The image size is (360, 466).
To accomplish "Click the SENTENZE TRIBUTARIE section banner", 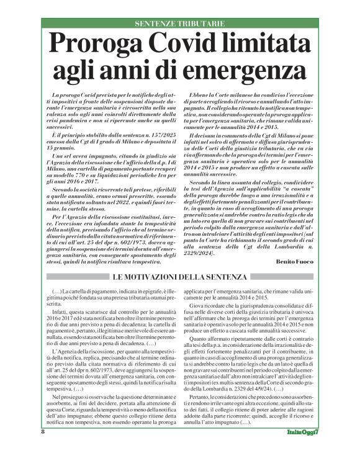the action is coord(179,24).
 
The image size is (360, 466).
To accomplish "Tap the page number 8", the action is coord(43,449).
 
